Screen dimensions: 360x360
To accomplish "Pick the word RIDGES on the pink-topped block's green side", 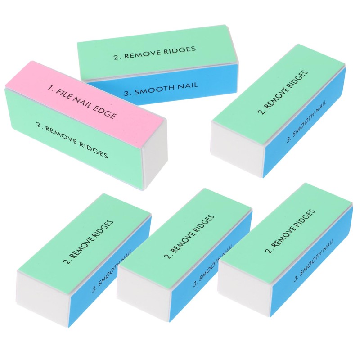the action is click(93, 150).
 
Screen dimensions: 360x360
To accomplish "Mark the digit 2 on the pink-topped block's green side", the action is click(40, 124).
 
